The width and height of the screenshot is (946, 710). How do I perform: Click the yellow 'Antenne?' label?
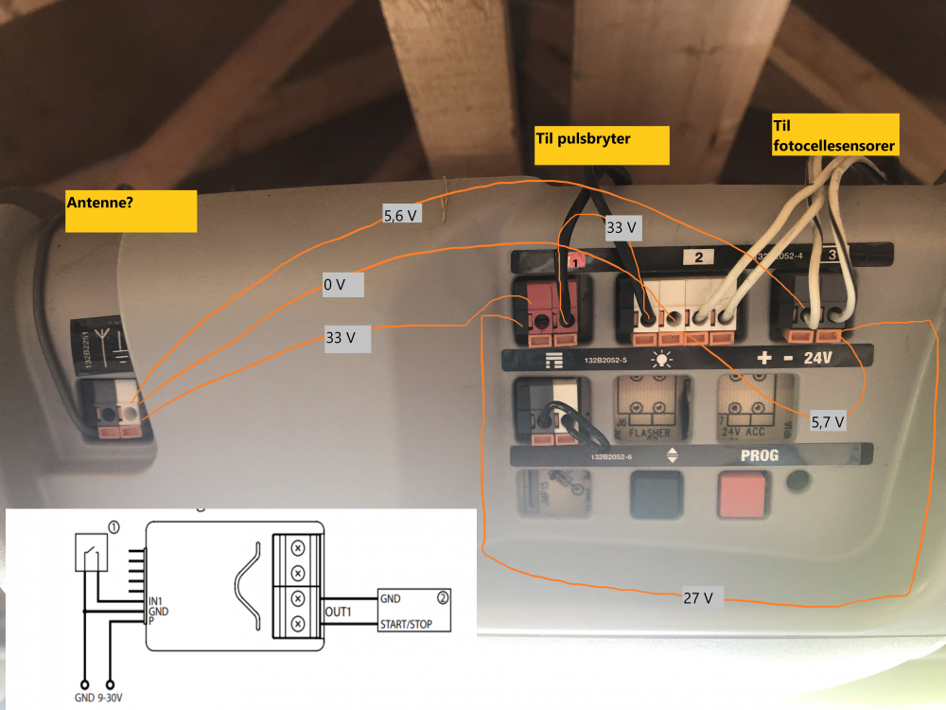click(x=131, y=211)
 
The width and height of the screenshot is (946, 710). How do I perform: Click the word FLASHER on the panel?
click(x=648, y=434)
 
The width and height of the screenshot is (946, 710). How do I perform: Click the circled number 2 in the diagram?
click(x=442, y=597)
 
